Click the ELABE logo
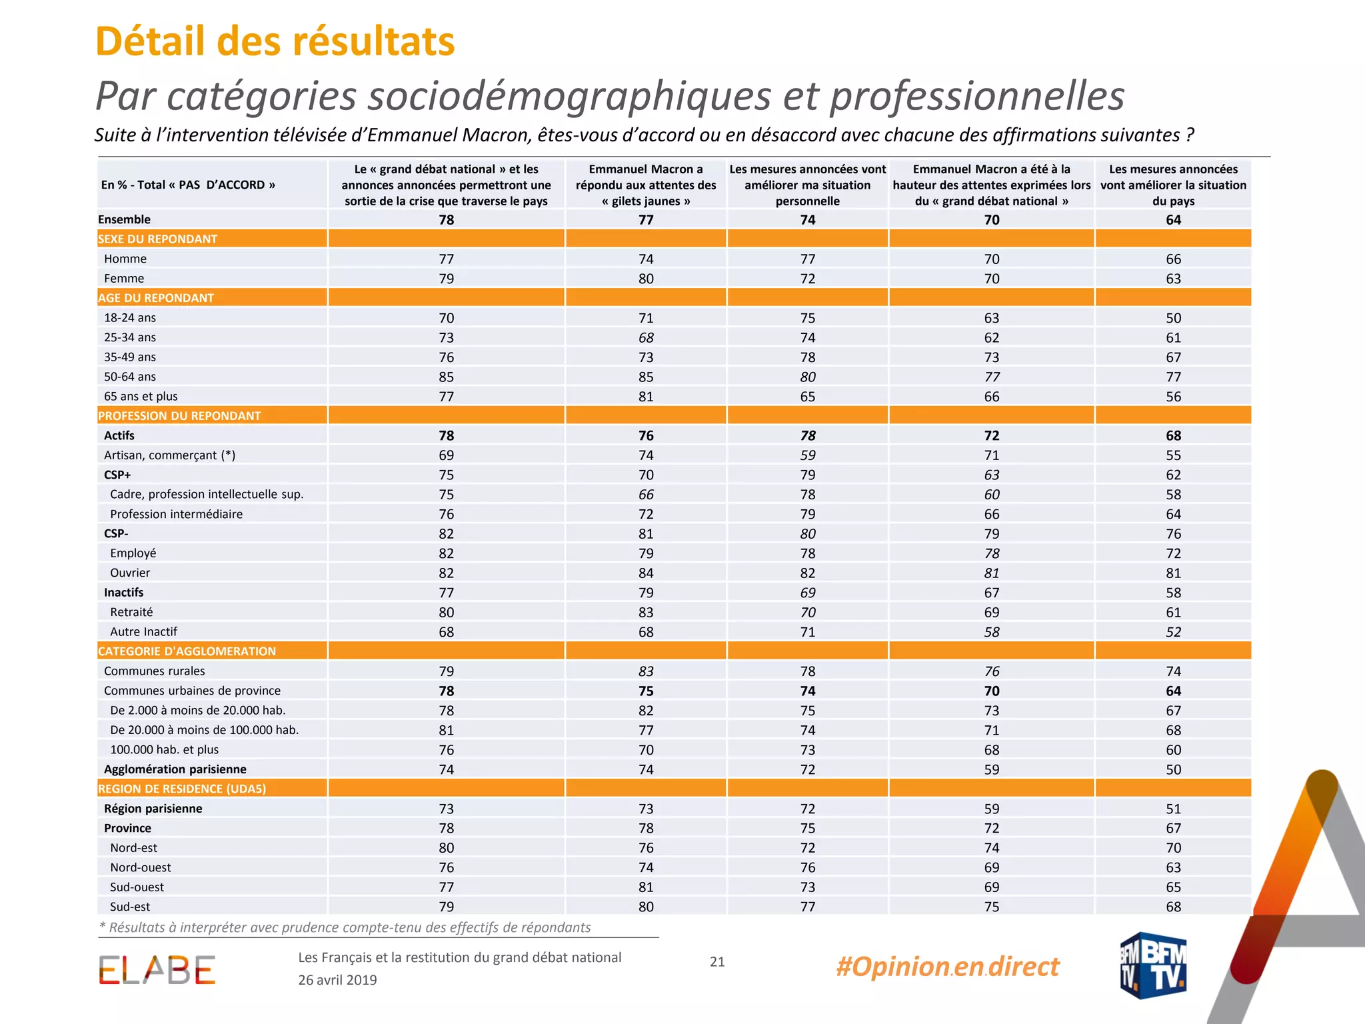[x=157, y=970]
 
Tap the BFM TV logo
[x=1153, y=965]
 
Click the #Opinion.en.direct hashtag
[x=947, y=967]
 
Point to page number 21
[x=717, y=961]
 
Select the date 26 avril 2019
[x=337, y=980]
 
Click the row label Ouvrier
[x=130, y=573]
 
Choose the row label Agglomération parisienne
[x=175, y=769]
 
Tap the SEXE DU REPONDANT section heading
[x=157, y=239]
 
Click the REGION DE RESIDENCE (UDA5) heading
[x=182, y=789]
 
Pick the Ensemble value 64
[x=1173, y=220]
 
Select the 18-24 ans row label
[x=130, y=318]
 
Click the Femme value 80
[x=646, y=279]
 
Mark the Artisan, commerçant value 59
[x=808, y=455]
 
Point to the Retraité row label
[x=131, y=612]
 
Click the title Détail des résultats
[x=275, y=41]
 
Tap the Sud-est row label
[x=130, y=907]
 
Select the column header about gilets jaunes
[x=646, y=185]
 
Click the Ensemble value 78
[x=446, y=220]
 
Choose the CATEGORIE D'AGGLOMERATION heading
[x=187, y=651]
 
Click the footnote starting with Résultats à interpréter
[x=345, y=927]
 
